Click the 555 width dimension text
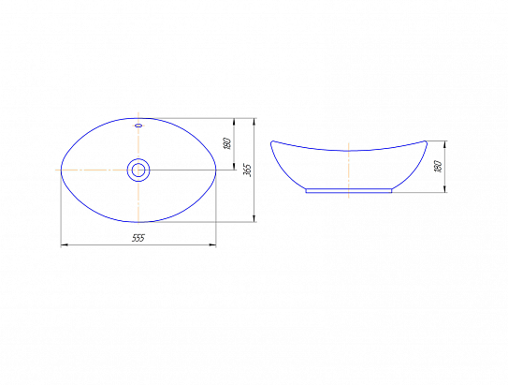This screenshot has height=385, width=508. (138, 238)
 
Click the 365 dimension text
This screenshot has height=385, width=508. (247, 170)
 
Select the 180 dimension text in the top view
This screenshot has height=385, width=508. (227, 143)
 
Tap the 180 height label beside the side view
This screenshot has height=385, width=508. (439, 166)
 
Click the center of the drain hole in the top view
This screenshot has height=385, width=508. (138, 170)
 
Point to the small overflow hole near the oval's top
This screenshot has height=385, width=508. (138, 126)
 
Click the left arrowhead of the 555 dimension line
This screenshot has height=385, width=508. (65, 244)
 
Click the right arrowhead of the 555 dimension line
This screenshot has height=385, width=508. (212, 244)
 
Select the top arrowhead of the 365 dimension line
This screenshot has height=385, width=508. (254, 122)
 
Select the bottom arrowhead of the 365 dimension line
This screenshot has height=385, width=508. (254, 218)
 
